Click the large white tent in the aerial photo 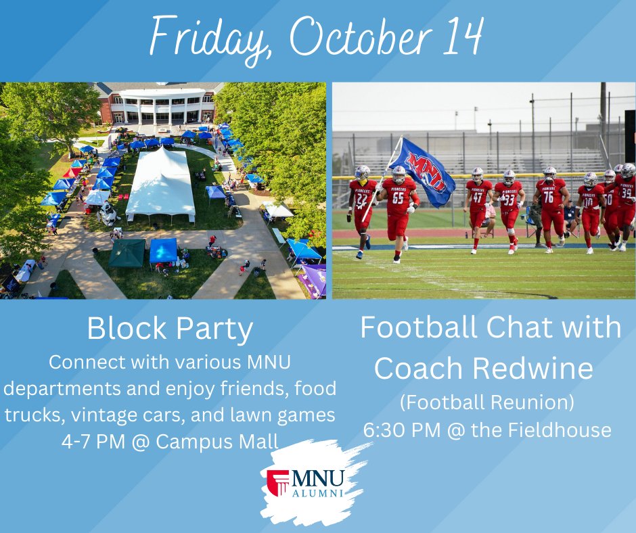pos(160,184)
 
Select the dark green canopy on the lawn pos(127,253)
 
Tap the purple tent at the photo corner pos(314,279)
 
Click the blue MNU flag pos(423,172)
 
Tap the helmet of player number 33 pos(509,177)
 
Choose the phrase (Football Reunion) pos(486,402)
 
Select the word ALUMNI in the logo pos(318,492)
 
